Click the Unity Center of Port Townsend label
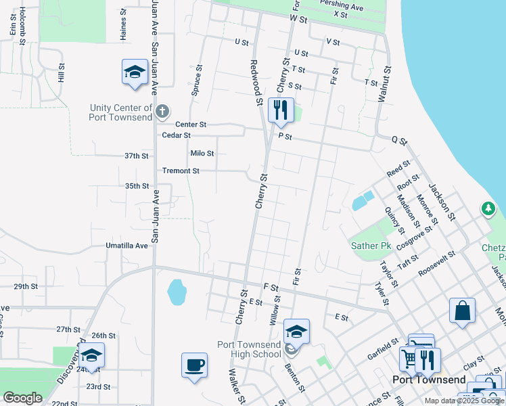121,112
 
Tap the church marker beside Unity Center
162,111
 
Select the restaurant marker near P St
281,110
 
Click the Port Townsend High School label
249,349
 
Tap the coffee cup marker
194,366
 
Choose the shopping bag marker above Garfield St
462,311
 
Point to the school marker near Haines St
135,72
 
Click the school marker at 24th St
91,356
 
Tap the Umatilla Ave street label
127,246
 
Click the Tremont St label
181,171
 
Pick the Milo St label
202,154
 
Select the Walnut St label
384,84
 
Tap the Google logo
22,397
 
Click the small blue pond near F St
177,292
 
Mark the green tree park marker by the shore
488,209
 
